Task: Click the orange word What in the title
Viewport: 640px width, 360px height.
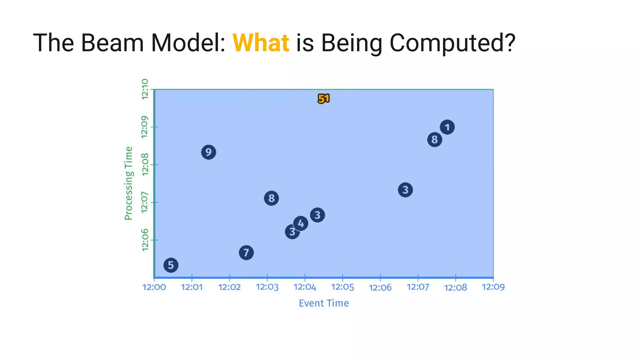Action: coord(261,43)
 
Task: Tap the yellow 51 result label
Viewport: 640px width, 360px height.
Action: coord(324,99)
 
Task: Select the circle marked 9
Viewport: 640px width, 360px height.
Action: coord(208,152)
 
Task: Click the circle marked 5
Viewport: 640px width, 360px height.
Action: coord(171,265)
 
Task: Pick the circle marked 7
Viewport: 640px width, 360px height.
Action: coord(246,252)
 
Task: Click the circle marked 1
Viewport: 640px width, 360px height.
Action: coord(447,127)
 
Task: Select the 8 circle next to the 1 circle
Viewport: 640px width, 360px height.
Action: coord(434,139)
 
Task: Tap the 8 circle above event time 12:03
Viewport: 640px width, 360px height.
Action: coord(271,198)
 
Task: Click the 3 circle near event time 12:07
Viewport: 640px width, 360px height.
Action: coord(405,190)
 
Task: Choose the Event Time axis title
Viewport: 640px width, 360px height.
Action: coord(324,303)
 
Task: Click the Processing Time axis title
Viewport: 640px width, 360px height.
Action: coord(128,183)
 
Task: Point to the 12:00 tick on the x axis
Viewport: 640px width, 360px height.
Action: coord(154,287)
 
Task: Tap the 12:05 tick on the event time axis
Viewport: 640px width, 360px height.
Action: coord(342,287)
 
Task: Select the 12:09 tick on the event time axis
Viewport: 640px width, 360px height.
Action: coord(493,287)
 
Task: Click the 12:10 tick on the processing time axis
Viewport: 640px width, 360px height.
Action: coord(145,89)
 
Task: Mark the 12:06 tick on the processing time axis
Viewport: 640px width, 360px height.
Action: coord(145,240)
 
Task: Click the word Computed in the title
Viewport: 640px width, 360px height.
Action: coord(452,43)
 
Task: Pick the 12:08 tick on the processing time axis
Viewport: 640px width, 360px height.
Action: coord(145,165)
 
